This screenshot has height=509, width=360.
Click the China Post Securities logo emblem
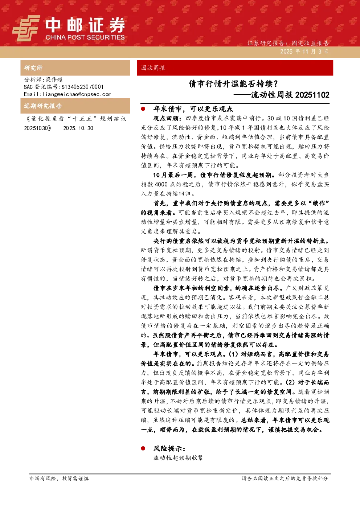[x=26, y=28]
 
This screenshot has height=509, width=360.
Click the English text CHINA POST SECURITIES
[x=85, y=37]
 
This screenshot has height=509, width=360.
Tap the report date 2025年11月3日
[x=304, y=52]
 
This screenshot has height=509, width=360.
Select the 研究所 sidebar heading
[x=33, y=68]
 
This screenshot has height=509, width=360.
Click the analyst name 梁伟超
[x=54, y=79]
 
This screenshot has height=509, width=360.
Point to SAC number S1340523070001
[x=82, y=87]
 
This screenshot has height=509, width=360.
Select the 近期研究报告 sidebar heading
[x=43, y=106]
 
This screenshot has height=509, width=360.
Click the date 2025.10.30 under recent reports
[x=78, y=128]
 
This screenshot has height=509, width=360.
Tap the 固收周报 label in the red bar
[x=153, y=68]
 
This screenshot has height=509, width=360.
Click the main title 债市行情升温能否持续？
[x=233, y=84]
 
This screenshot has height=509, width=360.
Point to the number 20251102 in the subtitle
[x=312, y=95]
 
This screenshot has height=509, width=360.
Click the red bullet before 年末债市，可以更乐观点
[x=143, y=109]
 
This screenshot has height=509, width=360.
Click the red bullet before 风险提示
[x=143, y=448]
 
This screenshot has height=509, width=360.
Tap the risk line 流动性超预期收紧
[x=178, y=457]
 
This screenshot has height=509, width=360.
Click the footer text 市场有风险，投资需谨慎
[x=59, y=479]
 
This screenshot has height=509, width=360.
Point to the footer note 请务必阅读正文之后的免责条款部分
[x=285, y=479]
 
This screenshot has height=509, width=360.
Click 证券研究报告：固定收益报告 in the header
[x=288, y=43]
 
